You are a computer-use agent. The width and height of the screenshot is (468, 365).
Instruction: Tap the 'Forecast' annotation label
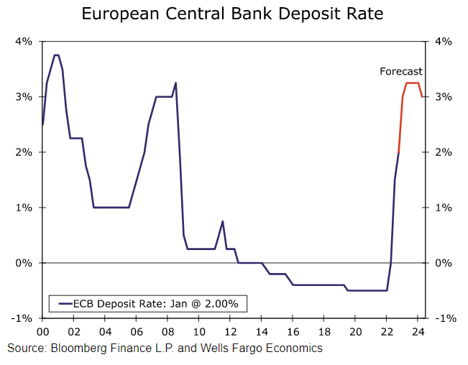(x=401, y=71)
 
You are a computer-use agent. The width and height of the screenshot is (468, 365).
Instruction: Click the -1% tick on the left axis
(x=22, y=318)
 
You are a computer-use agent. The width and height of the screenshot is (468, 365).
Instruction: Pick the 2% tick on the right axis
(x=442, y=152)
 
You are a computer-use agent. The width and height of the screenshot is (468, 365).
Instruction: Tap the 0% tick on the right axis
(x=442, y=263)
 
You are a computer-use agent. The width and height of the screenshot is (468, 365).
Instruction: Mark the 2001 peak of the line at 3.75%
(x=56, y=55)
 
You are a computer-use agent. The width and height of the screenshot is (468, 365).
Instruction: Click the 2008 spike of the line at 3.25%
(x=175, y=83)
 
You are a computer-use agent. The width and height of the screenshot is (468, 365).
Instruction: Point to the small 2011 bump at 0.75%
(x=223, y=221)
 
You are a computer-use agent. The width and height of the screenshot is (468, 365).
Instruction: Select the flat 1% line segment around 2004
(x=111, y=208)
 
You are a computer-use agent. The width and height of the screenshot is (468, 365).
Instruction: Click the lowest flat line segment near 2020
(x=367, y=290)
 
